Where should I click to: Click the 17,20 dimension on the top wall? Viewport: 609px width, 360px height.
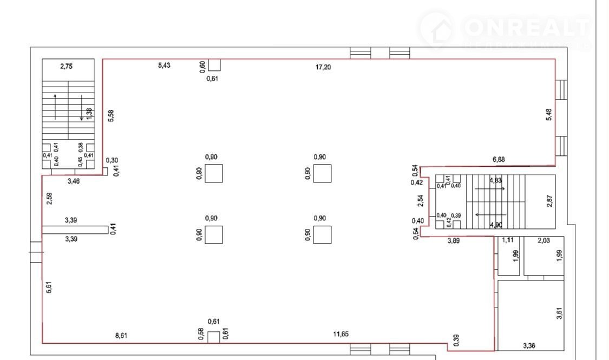(x=323, y=67)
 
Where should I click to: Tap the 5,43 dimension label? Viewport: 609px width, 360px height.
(x=164, y=66)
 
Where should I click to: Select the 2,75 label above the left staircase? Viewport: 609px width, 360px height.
(x=66, y=67)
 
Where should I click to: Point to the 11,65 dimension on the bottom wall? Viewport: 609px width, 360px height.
(x=340, y=334)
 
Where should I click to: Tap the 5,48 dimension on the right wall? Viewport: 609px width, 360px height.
(x=549, y=115)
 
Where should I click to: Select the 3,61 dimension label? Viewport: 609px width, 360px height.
(x=559, y=313)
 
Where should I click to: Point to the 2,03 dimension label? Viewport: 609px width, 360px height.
(x=543, y=240)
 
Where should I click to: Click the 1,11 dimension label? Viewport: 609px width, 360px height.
(x=508, y=240)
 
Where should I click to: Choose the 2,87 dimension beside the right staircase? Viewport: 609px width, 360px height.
(x=549, y=201)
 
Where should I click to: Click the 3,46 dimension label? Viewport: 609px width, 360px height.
(x=74, y=181)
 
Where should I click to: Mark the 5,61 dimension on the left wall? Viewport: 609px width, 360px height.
(x=49, y=287)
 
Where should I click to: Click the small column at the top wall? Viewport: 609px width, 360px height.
(x=214, y=65)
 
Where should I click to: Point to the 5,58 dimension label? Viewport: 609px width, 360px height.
(x=111, y=115)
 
